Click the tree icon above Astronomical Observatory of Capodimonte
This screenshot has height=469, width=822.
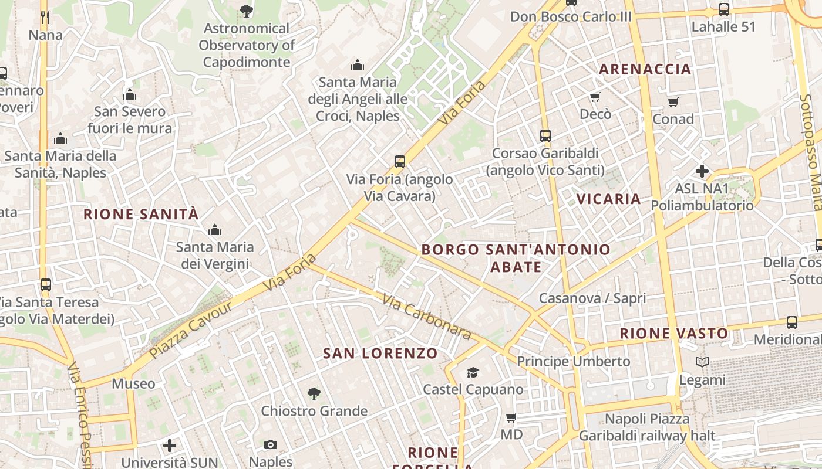pos(247,11)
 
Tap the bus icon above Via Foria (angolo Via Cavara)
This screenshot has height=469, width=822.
pos(400,161)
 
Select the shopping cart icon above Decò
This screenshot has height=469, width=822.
pos(595,97)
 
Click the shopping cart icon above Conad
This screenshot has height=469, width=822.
pos(673,102)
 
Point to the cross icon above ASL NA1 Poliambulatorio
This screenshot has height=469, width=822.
pos(702,171)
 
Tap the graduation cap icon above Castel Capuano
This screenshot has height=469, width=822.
pos(473,372)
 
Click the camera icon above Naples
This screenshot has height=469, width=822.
pos(271,444)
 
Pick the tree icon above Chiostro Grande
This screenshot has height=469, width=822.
pos(314,393)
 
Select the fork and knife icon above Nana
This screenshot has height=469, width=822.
pos(45,18)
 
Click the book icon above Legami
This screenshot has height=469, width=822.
pos(702,362)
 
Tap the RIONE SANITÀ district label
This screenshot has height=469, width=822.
pos(141,214)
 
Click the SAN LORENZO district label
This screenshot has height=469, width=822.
pos(380,353)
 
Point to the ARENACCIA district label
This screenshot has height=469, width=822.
pos(645,69)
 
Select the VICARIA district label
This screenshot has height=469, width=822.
pos(608,199)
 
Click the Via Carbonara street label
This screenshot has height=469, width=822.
pos(427,317)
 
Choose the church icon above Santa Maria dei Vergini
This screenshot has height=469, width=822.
pos(215,229)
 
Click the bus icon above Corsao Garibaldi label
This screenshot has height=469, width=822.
pos(545,136)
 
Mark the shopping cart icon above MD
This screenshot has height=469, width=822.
pos(511,418)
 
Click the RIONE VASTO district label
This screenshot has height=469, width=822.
pos(674,334)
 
